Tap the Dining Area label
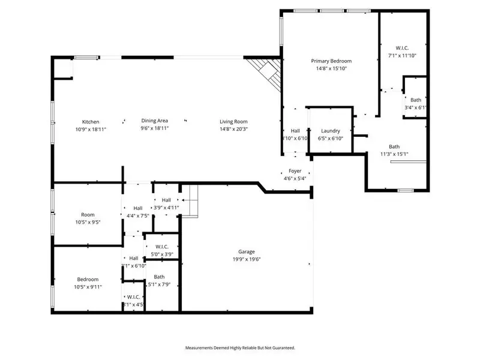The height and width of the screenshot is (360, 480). coord(155,121)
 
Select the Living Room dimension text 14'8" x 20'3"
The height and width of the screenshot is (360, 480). coord(233,128)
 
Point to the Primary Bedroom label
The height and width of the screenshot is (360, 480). coord(331,61)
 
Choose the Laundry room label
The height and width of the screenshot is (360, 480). coord(331,131)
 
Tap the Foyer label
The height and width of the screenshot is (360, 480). coord(295,171)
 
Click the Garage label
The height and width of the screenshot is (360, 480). coord(247,252)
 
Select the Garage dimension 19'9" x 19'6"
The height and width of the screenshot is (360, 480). coord(247,259)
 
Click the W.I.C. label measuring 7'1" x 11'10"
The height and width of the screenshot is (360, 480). coord(402,48)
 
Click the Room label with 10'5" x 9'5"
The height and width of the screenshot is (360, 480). coord(88,214)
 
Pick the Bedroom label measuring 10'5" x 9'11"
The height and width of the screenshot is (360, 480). coord(88,279)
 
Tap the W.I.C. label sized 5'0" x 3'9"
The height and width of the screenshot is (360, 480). coord(161,247)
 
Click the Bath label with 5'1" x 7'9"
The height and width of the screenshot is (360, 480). coord(159,277)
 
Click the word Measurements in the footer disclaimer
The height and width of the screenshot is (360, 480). coord(201,347)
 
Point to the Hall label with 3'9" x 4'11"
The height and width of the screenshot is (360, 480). coord(166,200)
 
